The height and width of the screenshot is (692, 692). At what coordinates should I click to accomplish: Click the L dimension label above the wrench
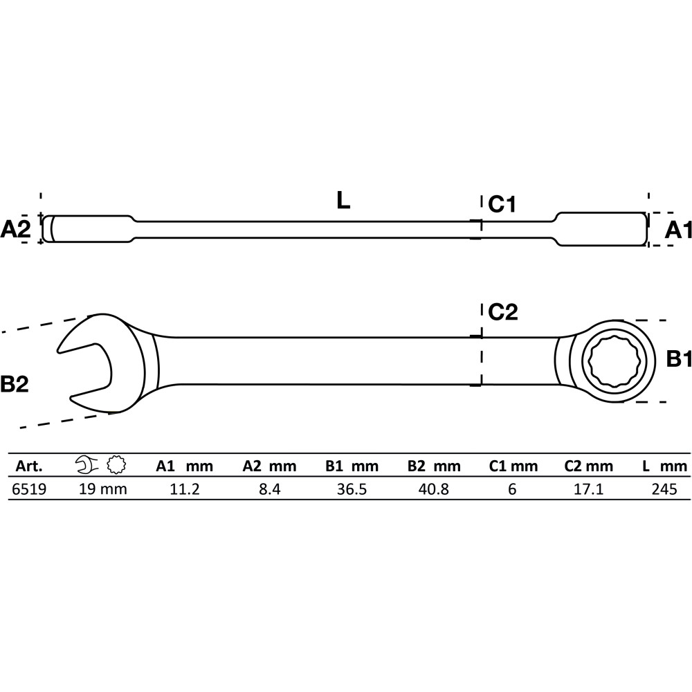point(343,201)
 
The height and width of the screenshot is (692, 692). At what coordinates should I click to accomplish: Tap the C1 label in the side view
point(502,204)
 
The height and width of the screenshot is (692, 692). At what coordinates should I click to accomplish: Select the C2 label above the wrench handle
point(503,313)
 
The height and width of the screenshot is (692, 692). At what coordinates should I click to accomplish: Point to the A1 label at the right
point(678,230)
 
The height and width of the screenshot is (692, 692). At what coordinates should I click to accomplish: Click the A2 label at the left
point(15,230)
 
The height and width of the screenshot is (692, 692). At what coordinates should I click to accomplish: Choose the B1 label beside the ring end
point(679,358)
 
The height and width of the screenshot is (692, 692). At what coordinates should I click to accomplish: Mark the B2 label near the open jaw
point(15,384)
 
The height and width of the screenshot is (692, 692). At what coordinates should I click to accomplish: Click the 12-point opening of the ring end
point(614,361)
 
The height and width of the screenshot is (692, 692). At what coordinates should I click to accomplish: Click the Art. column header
point(29,466)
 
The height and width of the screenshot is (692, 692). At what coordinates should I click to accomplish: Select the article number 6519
point(29,489)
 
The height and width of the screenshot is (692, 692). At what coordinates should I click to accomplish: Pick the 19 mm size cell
point(103,489)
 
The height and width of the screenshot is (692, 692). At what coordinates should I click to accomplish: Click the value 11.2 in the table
point(185,489)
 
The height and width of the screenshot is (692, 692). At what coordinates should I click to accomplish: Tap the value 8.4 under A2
point(270,489)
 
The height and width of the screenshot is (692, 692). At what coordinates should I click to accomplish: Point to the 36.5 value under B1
point(352,489)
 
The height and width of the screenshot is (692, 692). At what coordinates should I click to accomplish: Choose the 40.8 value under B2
point(434,489)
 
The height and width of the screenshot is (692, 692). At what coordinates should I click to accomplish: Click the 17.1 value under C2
point(588,489)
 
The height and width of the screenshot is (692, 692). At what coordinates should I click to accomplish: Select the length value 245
point(664,489)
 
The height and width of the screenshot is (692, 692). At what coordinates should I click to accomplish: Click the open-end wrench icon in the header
point(87,465)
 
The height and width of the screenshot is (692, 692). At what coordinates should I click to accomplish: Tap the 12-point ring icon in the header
point(116,465)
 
